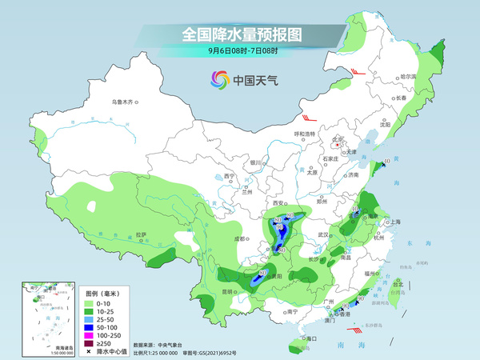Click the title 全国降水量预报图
(239, 34)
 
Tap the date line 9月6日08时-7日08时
(239, 52)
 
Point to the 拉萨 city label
(141, 235)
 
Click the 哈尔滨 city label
(409, 76)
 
